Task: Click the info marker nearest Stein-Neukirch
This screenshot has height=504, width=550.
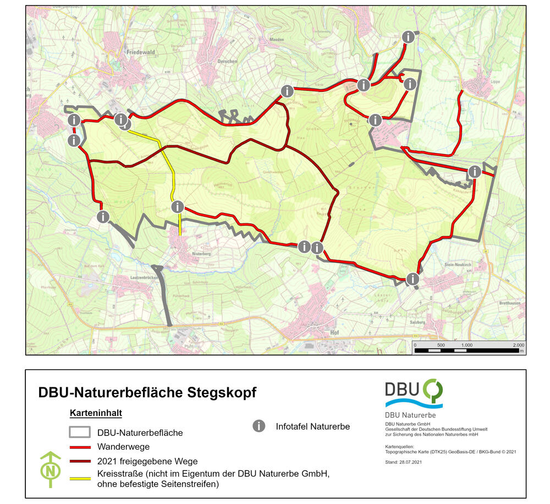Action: tap(413, 279)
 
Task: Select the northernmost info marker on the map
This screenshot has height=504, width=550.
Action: tap(409, 37)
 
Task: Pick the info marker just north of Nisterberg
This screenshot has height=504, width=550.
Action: tap(177, 207)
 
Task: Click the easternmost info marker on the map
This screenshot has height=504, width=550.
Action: tap(474, 172)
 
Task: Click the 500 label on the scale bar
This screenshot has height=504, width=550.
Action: tap(441, 345)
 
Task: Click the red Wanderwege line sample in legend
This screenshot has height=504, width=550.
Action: tap(80, 447)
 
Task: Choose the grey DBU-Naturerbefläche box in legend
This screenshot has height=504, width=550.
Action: tap(80, 432)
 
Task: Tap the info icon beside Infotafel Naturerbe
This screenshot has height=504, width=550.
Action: tap(258, 426)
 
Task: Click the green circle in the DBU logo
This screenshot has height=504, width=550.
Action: tap(432, 390)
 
